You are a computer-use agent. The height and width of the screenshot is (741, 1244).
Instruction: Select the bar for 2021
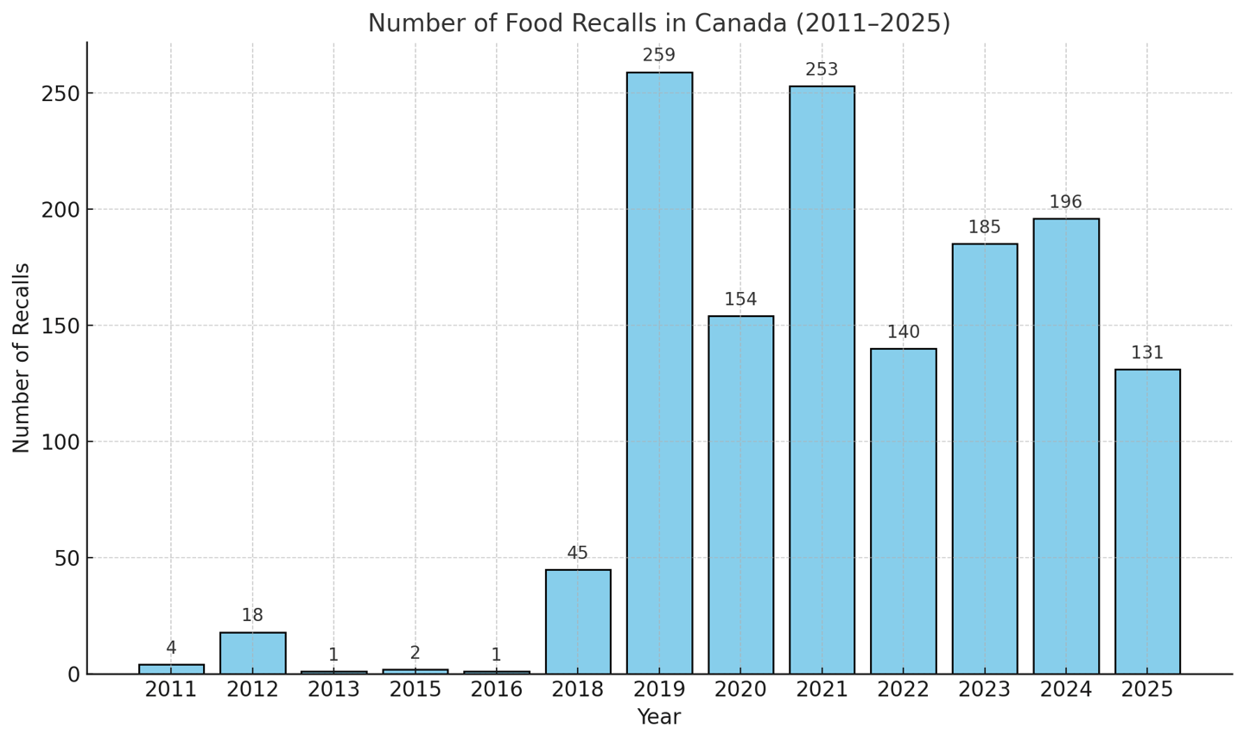point(822,380)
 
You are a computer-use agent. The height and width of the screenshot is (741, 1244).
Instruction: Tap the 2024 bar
point(1065,446)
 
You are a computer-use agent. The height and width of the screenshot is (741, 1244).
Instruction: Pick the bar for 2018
point(578,621)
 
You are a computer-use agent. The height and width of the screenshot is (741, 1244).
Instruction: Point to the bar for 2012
point(252,653)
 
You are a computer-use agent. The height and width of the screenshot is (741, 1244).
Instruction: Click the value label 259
point(659,55)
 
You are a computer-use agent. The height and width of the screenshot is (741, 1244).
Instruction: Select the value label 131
point(1147,352)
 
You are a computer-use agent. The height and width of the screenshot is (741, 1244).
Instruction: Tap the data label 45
point(578,553)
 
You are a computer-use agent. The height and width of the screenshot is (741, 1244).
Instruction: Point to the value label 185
point(984,227)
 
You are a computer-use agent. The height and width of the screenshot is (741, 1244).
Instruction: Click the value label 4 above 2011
point(171,648)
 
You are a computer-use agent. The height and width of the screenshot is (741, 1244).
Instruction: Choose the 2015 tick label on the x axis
point(415,690)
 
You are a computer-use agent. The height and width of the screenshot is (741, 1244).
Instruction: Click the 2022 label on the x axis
point(903,690)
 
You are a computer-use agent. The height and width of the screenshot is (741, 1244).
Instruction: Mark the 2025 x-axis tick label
point(1147,690)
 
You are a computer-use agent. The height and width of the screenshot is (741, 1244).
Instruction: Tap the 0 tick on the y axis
point(73,674)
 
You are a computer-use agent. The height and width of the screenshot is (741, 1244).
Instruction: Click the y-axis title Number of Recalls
point(22,358)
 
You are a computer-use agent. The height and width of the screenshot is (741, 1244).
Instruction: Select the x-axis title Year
point(659,718)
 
